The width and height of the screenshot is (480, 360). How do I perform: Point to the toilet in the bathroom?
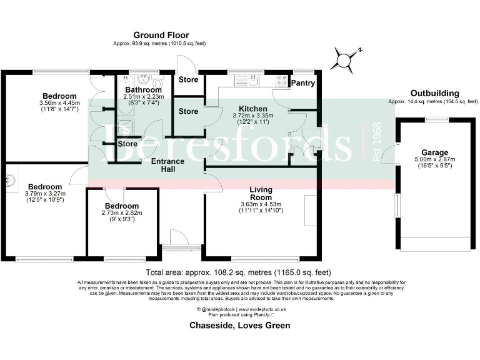tap(157, 83)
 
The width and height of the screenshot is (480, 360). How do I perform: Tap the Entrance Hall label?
tap(167, 166)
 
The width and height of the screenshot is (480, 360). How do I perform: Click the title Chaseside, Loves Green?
tap(239, 326)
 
